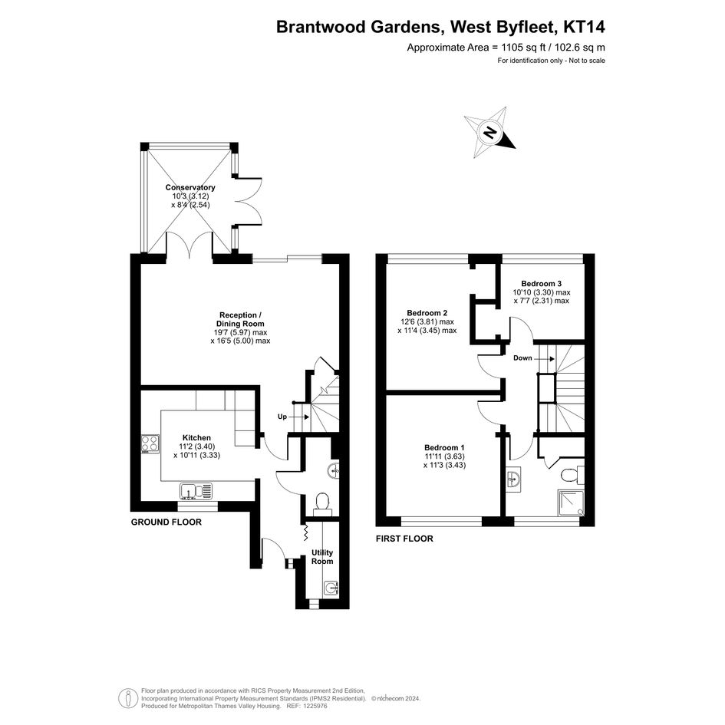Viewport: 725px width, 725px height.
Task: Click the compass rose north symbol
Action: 489,133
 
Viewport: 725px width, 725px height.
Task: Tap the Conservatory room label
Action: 190,187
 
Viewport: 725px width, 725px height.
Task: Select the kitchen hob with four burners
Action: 150,444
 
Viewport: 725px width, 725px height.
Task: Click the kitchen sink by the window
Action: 197,491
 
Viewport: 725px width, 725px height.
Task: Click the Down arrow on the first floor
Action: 545,358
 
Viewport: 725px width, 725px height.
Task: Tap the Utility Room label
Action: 322,557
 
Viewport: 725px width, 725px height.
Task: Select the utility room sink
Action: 331,587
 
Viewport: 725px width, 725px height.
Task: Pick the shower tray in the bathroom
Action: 572,503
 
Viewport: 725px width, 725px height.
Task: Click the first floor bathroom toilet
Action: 572,475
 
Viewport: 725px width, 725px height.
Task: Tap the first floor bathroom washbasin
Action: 513,479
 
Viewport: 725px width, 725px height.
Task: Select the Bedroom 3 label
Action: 542,283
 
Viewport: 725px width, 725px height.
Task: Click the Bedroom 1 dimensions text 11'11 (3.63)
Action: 444,456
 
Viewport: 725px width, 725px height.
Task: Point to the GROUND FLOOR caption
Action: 166,522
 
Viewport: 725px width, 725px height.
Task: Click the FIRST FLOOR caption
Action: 404,539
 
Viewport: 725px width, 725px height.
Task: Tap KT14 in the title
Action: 584,27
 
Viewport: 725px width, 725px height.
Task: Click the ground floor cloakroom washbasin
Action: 334,471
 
